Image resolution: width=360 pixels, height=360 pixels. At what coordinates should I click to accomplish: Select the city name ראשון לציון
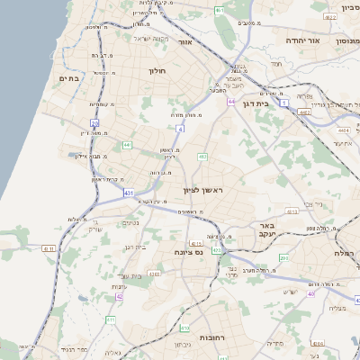[x=202, y=190]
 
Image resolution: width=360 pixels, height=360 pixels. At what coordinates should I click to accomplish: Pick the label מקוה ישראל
[x=150, y=39]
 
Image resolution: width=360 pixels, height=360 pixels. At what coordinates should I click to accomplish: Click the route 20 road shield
[x=95, y=123]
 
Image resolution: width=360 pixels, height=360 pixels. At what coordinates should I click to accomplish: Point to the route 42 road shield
[x=119, y=295]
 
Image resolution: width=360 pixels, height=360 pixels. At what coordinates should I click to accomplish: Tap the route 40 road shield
[x=311, y=293]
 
